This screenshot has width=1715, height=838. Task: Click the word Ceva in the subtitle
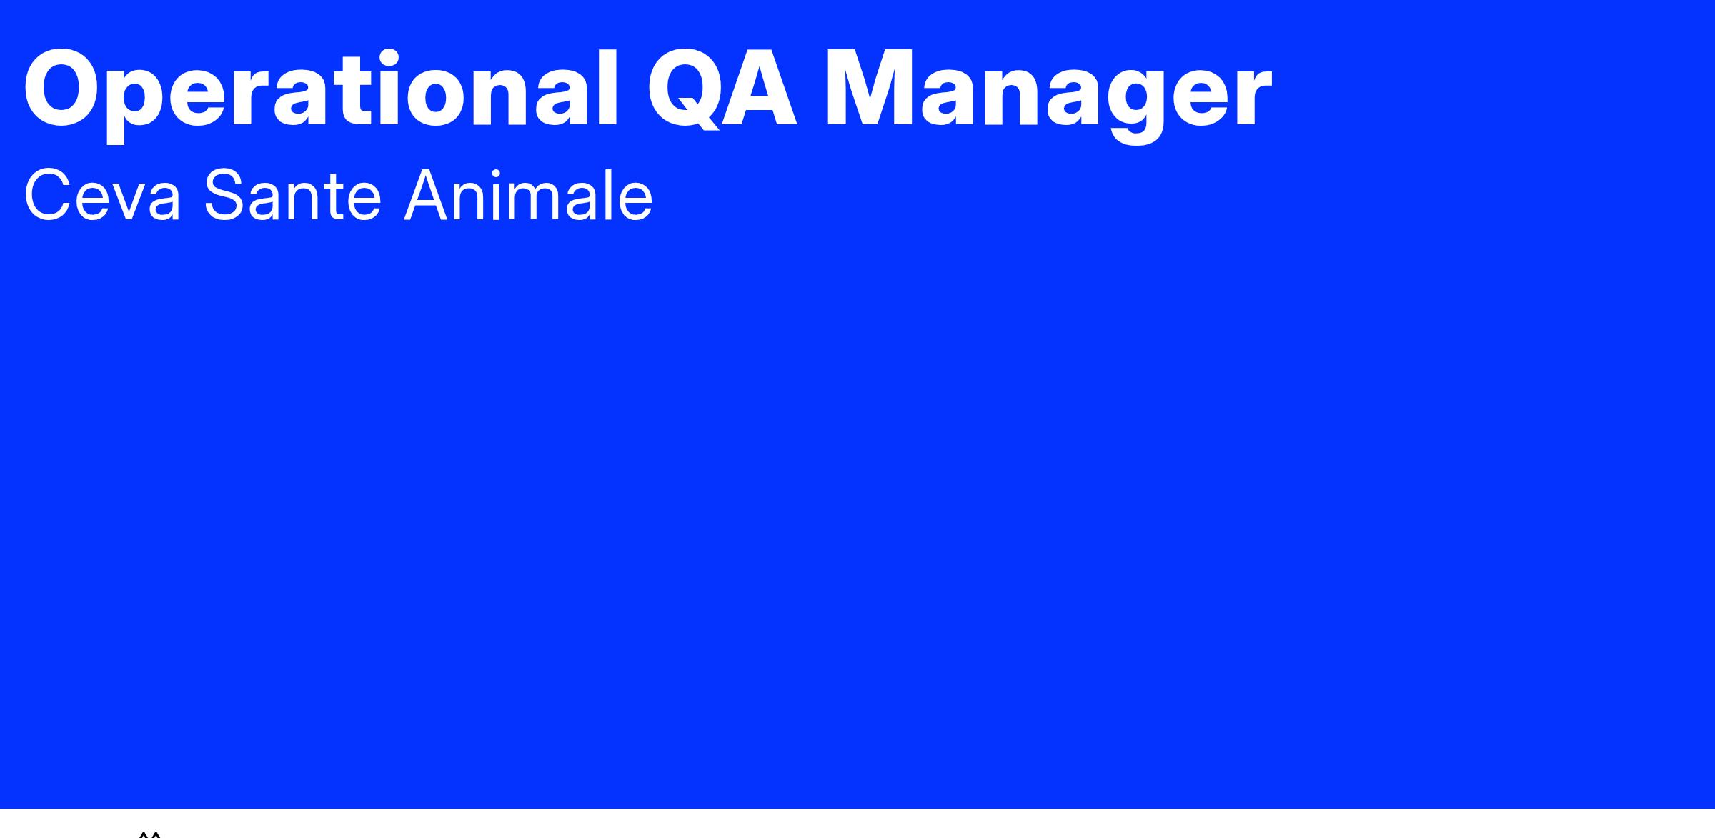(x=103, y=195)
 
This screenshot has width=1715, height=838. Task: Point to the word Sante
(x=293, y=195)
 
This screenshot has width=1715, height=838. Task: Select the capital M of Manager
(x=868, y=90)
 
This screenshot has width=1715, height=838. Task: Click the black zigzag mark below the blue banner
(x=149, y=834)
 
